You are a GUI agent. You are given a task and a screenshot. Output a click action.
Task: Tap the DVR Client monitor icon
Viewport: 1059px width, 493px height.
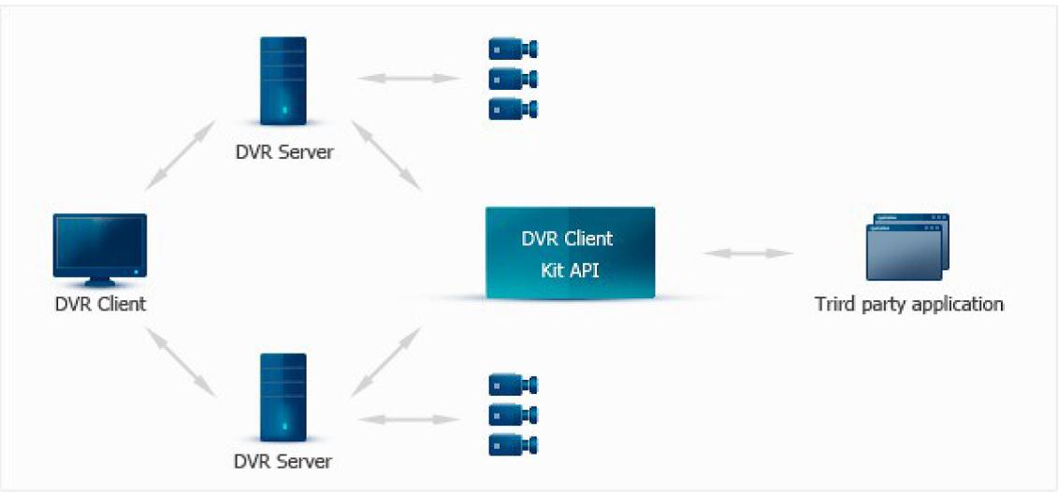pos(100,249)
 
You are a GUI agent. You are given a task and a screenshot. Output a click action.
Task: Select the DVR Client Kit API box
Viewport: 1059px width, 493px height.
pos(570,253)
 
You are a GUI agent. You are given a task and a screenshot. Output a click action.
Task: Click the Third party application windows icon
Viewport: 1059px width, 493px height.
pos(907,247)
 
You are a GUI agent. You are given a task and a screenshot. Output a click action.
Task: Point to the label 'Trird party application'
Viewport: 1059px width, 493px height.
pos(909,304)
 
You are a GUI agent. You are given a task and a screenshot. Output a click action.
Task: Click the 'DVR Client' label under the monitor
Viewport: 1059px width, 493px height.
pos(100,304)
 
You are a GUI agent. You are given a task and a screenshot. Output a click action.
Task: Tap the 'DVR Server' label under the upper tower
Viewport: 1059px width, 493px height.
pos(283,152)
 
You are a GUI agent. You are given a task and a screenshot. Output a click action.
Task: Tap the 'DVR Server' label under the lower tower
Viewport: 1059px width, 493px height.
pos(283,462)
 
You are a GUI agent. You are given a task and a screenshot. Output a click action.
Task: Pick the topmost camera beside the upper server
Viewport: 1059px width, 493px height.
pos(514,50)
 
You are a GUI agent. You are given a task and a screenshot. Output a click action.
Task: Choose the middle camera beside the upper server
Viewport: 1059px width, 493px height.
pos(514,79)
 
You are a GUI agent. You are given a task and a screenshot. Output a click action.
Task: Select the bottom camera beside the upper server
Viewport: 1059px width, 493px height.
pos(514,109)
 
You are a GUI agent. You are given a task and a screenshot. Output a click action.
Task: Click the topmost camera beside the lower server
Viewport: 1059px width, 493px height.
pos(514,384)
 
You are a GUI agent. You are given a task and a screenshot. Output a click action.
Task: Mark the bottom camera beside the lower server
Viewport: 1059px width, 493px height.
pos(514,444)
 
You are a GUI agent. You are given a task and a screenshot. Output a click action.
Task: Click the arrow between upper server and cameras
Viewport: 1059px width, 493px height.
pos(409,79)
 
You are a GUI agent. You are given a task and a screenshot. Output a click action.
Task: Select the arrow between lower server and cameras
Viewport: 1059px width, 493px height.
pos(409,419)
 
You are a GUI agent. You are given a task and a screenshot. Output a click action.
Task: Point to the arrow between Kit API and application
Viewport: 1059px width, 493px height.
pos(747,254)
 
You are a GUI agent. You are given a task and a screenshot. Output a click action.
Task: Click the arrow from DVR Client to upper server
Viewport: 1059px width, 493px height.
pos(181,155)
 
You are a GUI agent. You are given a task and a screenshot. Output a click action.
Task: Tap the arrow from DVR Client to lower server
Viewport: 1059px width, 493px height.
pos(181,362)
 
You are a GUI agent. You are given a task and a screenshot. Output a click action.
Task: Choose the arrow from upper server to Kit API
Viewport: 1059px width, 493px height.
pos(386,155)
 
